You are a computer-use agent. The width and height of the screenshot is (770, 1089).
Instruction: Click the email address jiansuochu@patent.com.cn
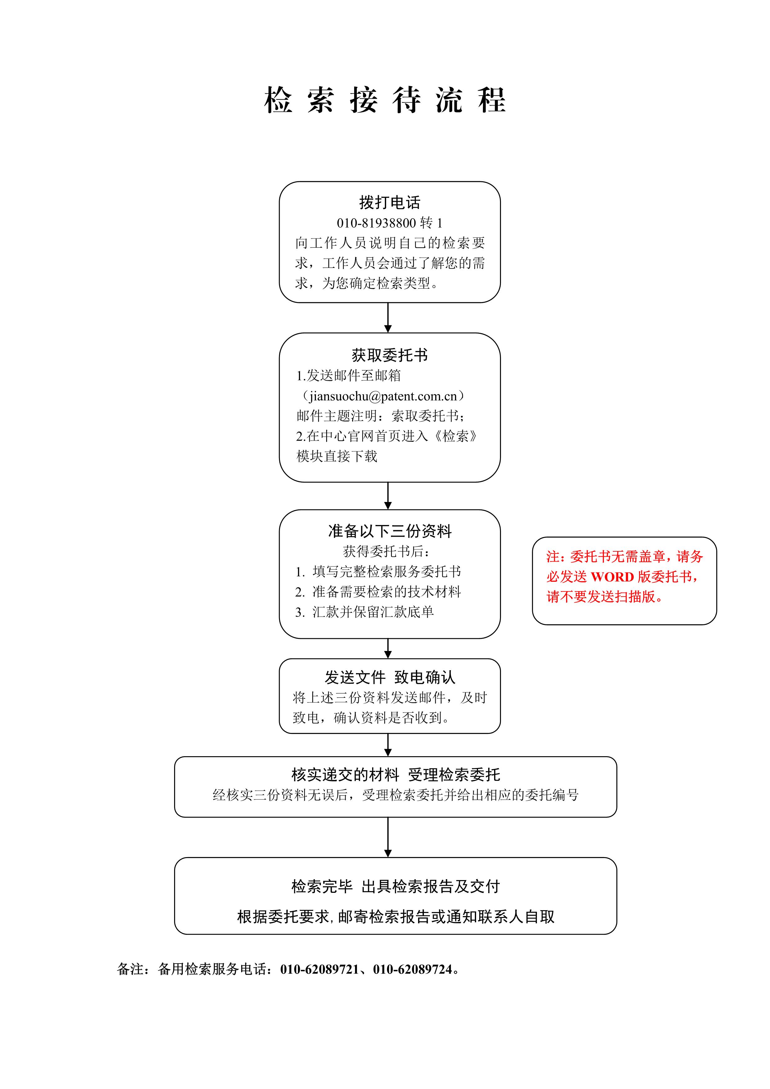[383, 396]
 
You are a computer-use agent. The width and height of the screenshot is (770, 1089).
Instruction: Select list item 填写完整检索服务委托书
[386, 572]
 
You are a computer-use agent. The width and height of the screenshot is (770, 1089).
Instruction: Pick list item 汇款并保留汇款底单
[373, 612]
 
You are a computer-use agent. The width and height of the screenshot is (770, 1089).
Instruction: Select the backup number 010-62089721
[319, 969]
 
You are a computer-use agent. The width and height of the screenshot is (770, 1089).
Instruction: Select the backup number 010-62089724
[412, 969]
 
